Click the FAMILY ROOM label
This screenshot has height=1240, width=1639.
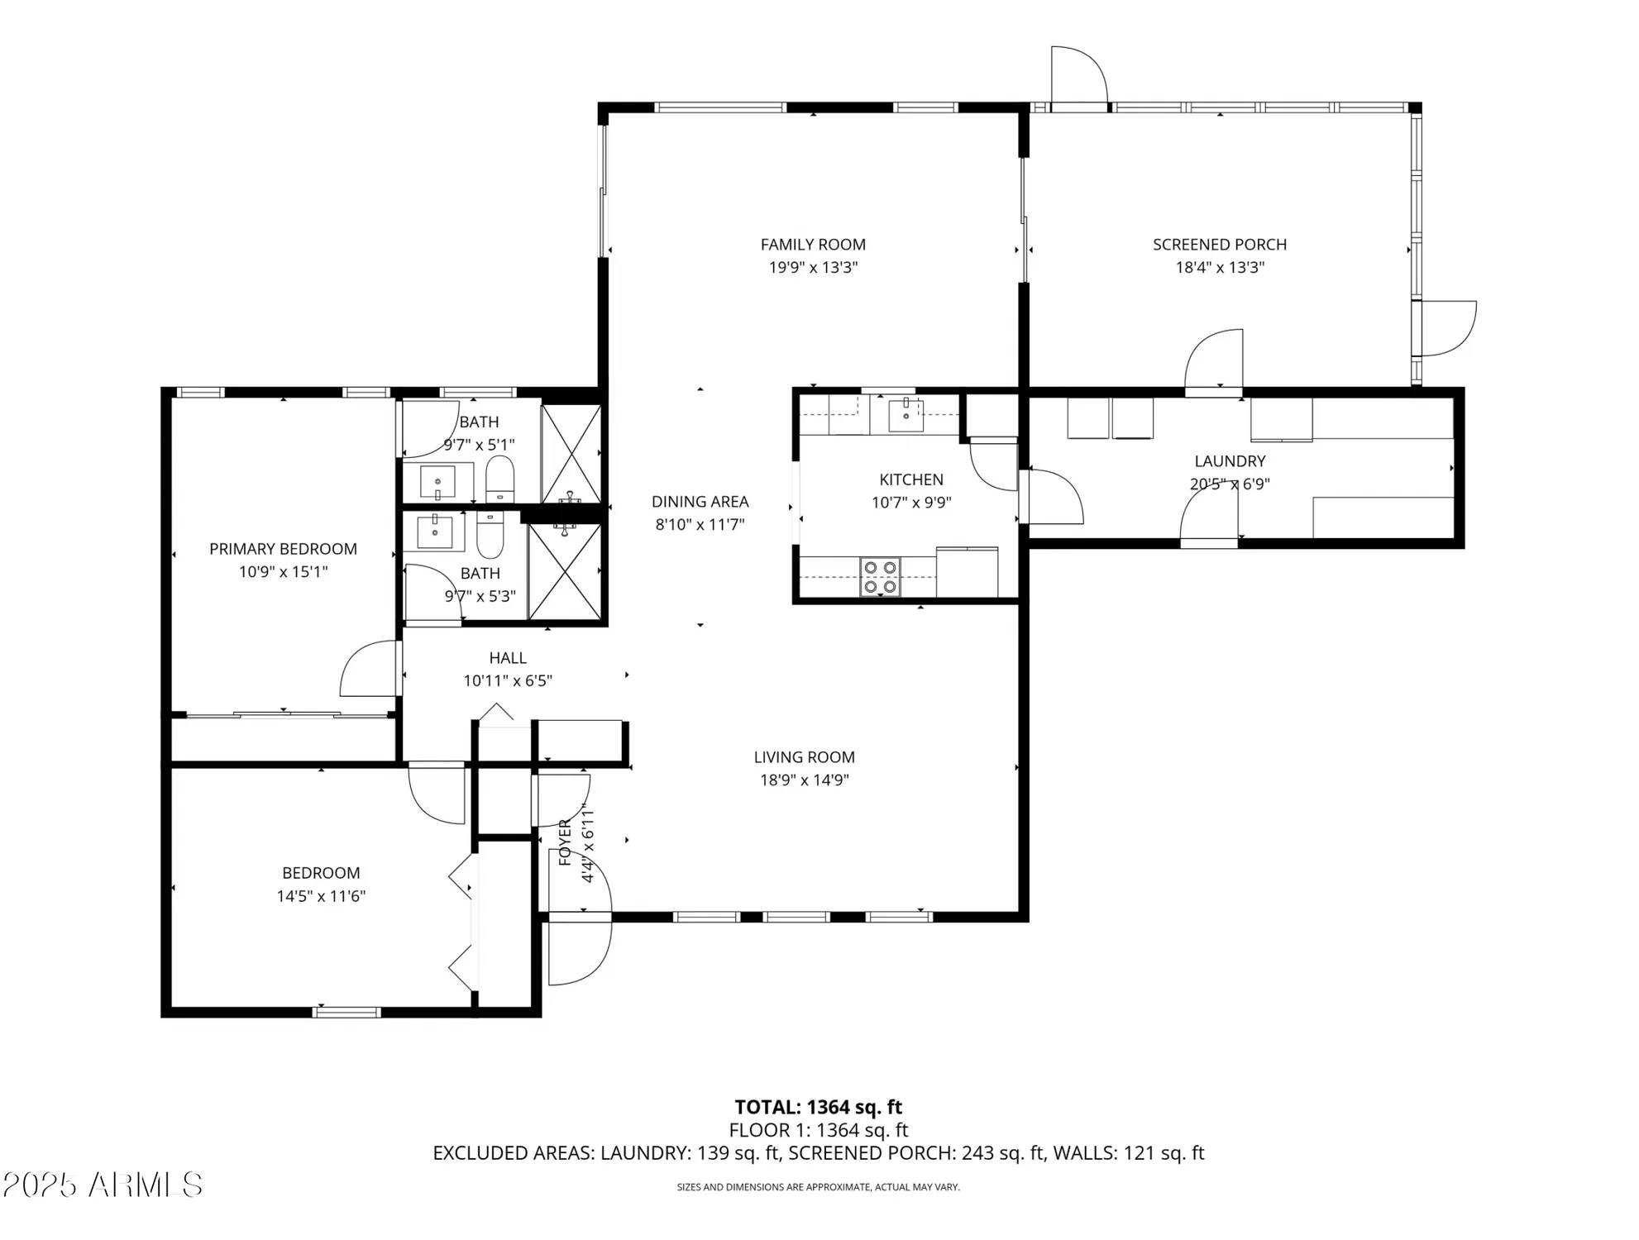pos(812,245)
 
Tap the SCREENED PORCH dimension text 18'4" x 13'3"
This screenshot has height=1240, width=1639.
pos(1219,267)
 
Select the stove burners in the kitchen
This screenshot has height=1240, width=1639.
pos(879,577)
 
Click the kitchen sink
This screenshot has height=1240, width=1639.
pos(906,414)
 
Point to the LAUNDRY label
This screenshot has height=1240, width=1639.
pos(1229,461)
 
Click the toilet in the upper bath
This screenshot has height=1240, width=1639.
pos(499,479)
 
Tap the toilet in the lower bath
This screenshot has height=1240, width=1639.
pos(490,535)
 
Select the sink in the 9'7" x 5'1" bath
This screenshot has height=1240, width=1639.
pos(437,482)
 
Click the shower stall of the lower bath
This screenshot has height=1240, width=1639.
pos(566,572)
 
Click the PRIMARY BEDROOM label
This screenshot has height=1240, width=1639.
pos(283,549)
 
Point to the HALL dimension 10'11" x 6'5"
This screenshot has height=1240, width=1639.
pos(507,680)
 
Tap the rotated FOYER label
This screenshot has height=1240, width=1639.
pos(565,842)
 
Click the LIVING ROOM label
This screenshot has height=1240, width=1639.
pos(804,757)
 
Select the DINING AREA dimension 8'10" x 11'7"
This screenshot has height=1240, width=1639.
pos(700,524)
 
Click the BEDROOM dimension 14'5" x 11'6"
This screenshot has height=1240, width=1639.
pos(321,895)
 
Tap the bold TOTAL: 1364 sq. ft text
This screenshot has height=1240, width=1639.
pos(818,1107)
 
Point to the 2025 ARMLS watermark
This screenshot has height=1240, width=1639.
pos(103,1185)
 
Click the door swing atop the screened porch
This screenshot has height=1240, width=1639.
pos(1078,76)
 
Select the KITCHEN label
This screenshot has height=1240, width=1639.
pos(910,479)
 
